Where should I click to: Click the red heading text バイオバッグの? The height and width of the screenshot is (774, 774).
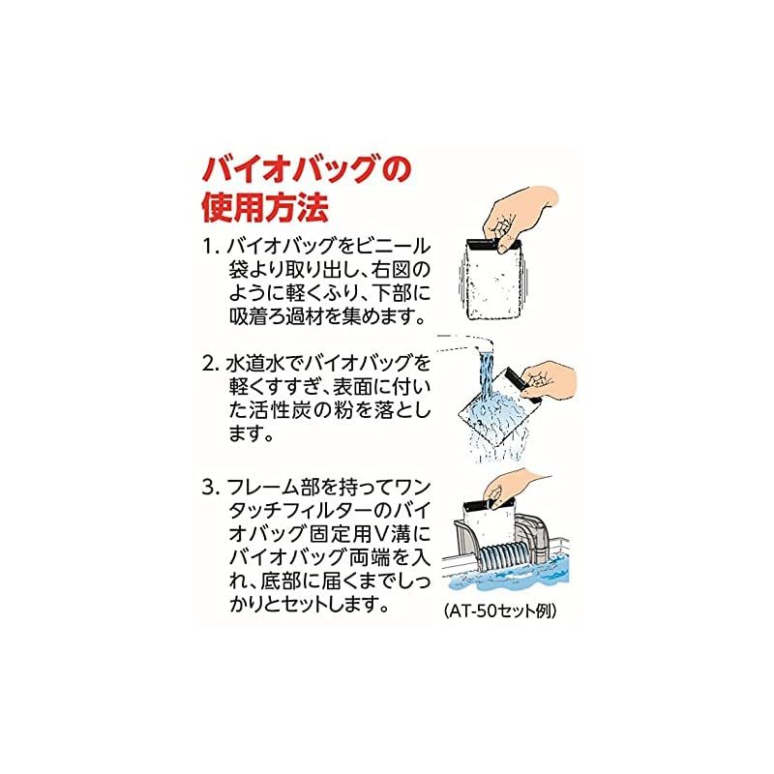pos(307,170)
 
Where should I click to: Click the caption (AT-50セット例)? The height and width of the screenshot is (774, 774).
pos(500,611)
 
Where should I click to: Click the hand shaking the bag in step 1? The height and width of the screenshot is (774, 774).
pos(519,217)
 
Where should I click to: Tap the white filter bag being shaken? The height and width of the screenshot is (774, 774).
pos(494,282)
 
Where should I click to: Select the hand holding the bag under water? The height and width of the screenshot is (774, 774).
pos(549,379)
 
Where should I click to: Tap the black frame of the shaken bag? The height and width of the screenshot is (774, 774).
pos(493,244)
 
